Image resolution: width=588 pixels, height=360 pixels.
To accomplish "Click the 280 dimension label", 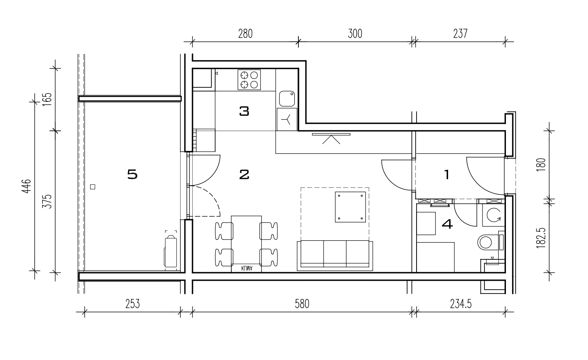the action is pyautogui.click(x=245, y=34).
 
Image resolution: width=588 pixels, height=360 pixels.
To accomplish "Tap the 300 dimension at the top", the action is pyautogui.click(x=355, y=34).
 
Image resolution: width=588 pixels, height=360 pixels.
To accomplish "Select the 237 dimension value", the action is pyautogui.click(x=460, y=34).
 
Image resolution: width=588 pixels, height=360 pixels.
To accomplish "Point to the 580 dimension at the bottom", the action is pyautogui.click(x=302, y=304).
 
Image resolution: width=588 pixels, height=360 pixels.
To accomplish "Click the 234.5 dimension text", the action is pyautogui.click(x=461, y=304).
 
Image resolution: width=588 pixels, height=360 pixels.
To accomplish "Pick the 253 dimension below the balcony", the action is pyautogui.click(x=133, y=304).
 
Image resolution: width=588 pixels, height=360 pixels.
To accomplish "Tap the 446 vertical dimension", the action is pyautogui.click(x=26, y=186).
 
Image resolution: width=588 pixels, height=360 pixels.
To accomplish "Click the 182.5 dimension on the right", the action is pyautogui.click(x=541, y=238).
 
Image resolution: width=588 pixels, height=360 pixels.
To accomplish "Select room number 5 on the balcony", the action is pyautogui.click(x=132, y=174).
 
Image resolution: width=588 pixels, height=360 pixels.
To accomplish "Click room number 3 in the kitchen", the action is pyautogui.click(x=244, y=111).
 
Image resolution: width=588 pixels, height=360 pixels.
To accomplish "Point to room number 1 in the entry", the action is pyautogui.click(x=446, y=175).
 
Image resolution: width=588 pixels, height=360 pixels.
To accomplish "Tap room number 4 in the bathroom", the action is pyautogui.click(x=447, y=224).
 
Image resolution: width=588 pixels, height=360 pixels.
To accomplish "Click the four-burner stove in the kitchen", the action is pyautogui.click(x=249, y=80).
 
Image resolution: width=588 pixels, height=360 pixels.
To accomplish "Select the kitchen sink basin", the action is pyautogui.click(x=287, y=99).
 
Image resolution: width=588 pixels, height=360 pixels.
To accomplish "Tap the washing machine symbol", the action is pyautogui.click(x=493, y=215).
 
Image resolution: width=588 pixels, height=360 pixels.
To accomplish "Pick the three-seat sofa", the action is pyautogui.click(x=335, y=255).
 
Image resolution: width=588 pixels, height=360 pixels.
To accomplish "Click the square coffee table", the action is pyautogui.click(x=350, y=207).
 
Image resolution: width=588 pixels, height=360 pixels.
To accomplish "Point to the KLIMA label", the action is pyautogui.click(x=247, y=268).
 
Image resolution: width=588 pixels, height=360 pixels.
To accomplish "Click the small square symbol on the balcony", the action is pyautogui.click(x=92, y=187).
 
